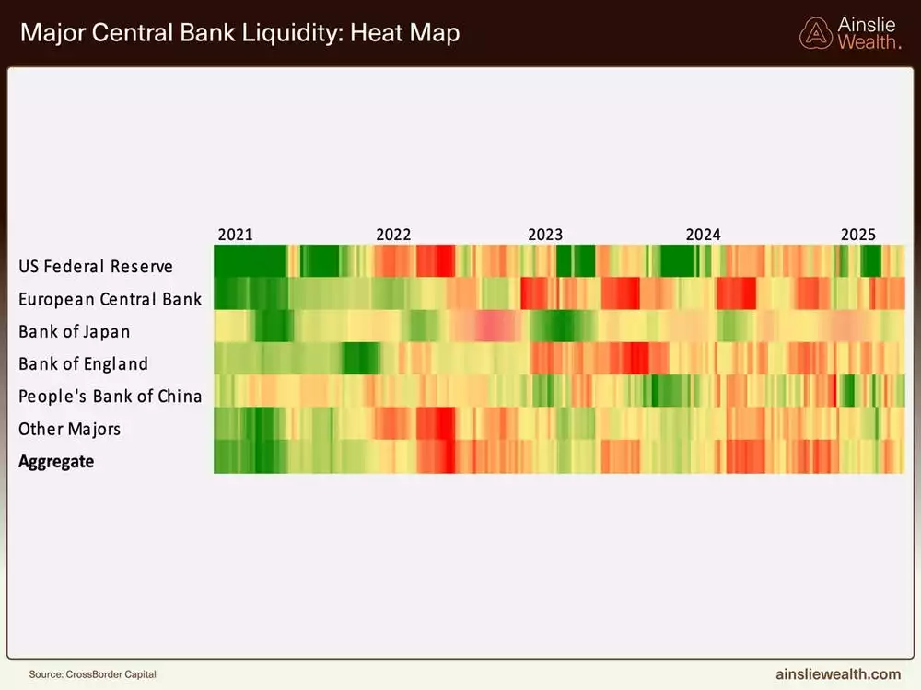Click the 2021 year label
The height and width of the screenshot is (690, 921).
235,235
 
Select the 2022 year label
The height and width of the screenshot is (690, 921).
393,235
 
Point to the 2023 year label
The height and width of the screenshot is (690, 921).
545,235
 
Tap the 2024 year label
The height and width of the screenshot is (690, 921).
704,235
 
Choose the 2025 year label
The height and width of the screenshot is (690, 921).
858,235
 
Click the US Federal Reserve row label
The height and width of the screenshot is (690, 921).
96,267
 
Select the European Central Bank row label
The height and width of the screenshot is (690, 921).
110,299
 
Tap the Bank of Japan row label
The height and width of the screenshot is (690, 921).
75,331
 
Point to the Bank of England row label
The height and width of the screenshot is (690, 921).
83,363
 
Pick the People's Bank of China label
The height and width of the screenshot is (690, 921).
110,397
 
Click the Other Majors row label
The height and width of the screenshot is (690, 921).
69,429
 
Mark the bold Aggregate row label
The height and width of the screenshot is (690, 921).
56,461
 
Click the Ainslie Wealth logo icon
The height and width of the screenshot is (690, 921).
815,34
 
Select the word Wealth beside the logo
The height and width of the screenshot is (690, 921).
869,42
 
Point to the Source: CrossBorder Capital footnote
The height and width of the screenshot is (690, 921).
92,674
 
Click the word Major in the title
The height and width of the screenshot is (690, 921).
50,34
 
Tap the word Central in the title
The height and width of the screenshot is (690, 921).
124,34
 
